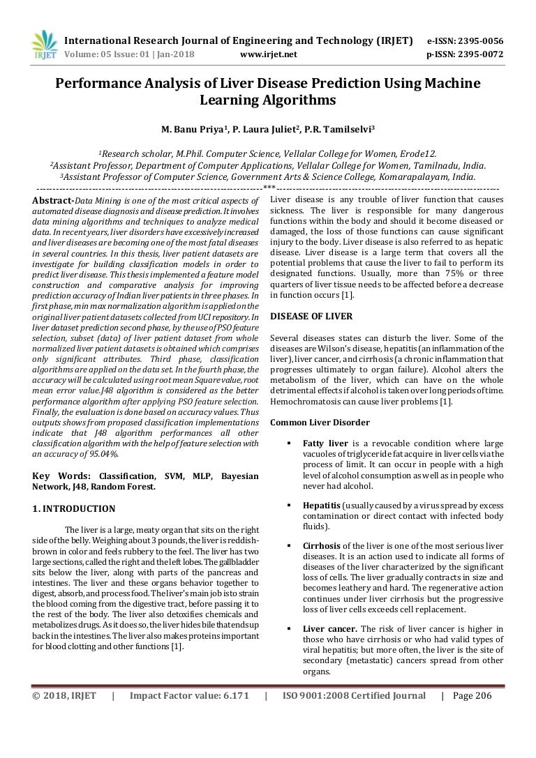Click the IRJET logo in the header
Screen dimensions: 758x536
(x=45, y=45)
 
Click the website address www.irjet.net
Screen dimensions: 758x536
(x=268, y=54)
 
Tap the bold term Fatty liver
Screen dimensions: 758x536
(x=325, y=443)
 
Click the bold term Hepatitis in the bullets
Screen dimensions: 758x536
(x=322, y=505)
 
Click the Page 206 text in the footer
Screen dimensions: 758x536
(x=472, y=696)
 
